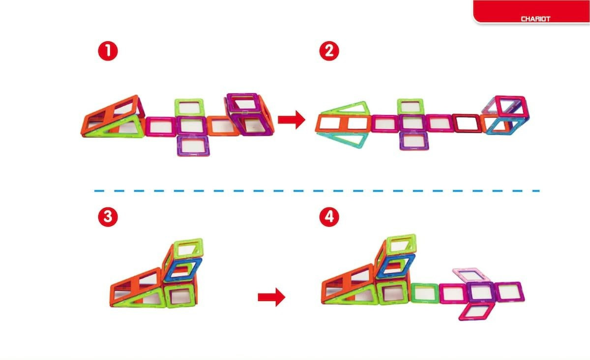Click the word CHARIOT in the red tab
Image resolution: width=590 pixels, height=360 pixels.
coord(535,19)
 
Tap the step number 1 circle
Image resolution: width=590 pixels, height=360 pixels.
coord(108,51)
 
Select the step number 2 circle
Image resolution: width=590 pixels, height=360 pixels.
coord(329,51)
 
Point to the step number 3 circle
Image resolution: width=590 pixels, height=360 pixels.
coord(108,217)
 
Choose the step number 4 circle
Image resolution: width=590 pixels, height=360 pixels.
coord(329,217)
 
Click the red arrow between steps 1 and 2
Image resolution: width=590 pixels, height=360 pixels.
coord(292,120)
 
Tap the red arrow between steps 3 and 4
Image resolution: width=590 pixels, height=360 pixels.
coord(271,297)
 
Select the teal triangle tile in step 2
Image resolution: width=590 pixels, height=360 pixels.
coord(343,139)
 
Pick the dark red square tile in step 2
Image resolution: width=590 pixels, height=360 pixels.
coord(467,123)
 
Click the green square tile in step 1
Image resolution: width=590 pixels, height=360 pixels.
coord(189,107)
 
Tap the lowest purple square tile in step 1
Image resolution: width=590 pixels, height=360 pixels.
coord(193,146)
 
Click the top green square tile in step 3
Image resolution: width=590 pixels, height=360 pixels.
coord(188,248)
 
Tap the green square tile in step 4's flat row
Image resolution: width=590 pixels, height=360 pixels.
coord(425,293)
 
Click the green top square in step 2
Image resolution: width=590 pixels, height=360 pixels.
coord(411,107)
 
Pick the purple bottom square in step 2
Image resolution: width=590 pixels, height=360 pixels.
coord(413,141)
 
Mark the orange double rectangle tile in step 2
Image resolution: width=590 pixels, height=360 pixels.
coord(343,123)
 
